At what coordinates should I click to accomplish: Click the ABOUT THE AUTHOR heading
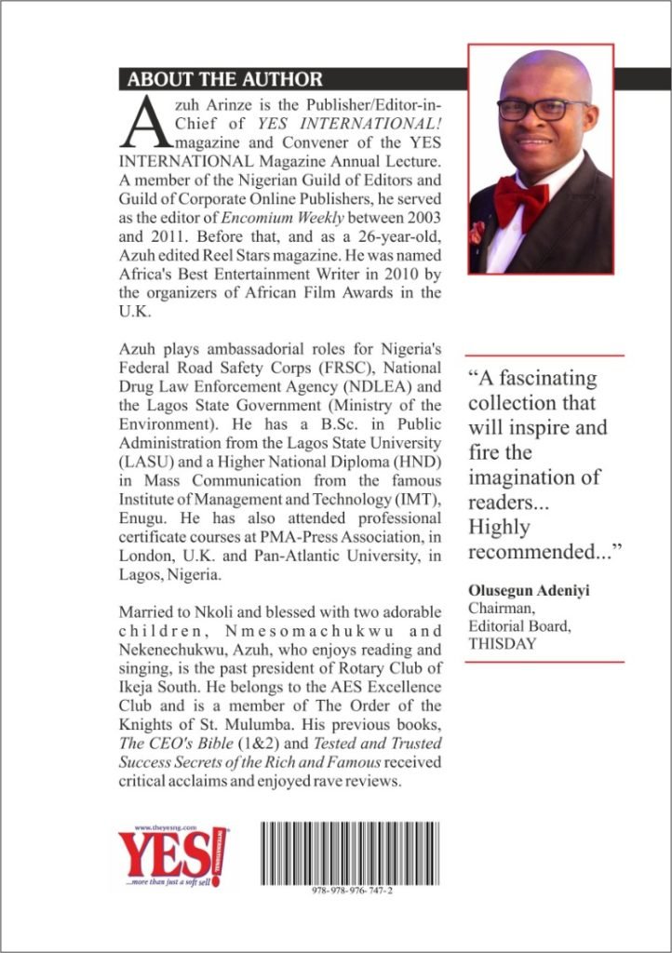(x=225, y=78)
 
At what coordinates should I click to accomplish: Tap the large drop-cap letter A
(x=145, y=124)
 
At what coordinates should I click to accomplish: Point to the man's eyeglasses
(x=543, y=109)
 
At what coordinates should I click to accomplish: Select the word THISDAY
(x=503, y=643)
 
